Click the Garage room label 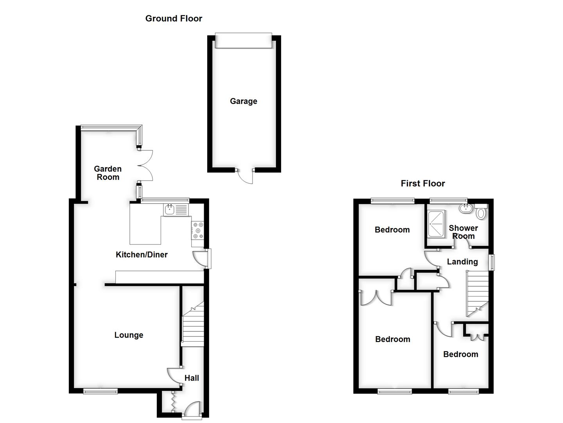point(243,101)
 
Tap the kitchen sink point(170,210)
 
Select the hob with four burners point(197,230)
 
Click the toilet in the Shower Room point(481,212)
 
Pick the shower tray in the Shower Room point(436,224)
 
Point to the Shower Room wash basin point(465,208)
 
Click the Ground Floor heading point(174,18)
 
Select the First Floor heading point(423,183)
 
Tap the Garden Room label point(108,173)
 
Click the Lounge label point(129,335)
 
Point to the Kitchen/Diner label point(142,255)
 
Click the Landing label point(462,262)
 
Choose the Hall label point(192,378)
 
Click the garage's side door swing point(246,177)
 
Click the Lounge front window point(100,390)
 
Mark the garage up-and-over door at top point(243,41)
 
